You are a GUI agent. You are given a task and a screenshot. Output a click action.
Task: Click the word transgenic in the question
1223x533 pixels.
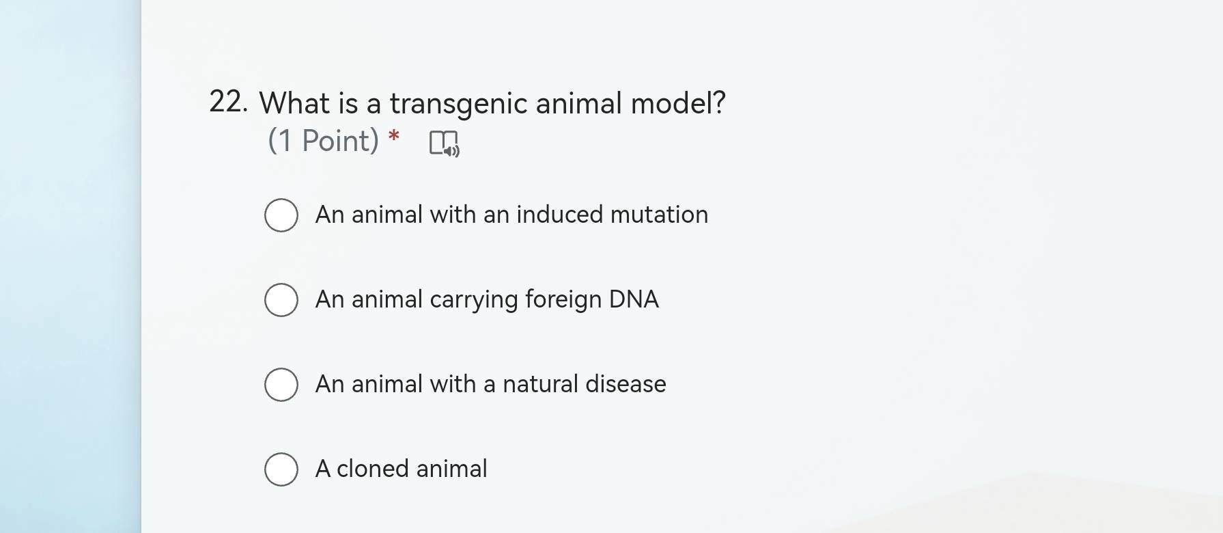pos(458,105)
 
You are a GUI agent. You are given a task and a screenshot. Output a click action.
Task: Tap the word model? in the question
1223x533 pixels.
pos(678,102)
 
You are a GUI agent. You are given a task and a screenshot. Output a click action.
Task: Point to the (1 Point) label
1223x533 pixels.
pos(323,141)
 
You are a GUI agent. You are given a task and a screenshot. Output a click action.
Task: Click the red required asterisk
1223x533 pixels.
pos(393,136)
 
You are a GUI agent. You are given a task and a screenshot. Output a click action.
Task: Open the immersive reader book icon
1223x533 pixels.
pos(445,143)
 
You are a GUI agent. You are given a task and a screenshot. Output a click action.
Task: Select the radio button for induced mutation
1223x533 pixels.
pos(281,215)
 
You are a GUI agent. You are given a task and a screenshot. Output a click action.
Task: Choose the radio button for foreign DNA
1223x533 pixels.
pos(281,300)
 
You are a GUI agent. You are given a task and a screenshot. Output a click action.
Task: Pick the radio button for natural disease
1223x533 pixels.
pos(281,385)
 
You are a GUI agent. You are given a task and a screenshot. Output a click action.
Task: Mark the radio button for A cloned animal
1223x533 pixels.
pos(281,469)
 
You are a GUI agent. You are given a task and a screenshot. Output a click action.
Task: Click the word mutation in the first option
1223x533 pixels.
pos(659,215)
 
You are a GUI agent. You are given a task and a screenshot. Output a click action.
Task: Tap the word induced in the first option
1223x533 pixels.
pos(560,215)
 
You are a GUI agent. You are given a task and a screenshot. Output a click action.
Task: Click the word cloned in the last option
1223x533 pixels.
pos(373,469)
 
